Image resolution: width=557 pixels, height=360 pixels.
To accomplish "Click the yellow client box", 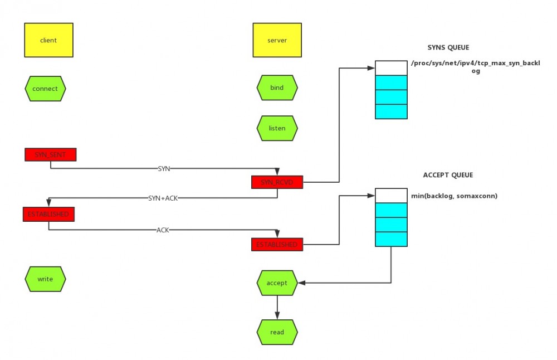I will (48, 40).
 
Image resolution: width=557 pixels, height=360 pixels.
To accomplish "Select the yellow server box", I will (277, 40).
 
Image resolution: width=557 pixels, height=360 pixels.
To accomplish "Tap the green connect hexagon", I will (45, 89).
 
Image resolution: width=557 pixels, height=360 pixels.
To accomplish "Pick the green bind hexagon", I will (277, 88).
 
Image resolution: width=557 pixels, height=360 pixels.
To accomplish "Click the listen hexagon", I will (277, 128).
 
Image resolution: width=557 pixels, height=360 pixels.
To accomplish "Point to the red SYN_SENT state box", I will (50, 154).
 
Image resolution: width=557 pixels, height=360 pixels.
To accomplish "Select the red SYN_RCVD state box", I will (277, 182).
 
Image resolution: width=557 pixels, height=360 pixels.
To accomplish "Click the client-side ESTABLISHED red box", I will (48, 214).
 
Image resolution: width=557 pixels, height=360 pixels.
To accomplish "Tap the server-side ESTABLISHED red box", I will (277, 244).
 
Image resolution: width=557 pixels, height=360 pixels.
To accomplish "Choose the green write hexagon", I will (45, 279).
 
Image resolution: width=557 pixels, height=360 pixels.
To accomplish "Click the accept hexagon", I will (277, 283).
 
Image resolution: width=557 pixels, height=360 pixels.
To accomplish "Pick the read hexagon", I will (277, 332).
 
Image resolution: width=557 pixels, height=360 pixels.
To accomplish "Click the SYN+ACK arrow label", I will (163, 198).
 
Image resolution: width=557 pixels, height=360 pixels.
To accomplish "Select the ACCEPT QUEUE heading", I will (448, 175).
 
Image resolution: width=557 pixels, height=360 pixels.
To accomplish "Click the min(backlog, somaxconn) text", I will (454, 196).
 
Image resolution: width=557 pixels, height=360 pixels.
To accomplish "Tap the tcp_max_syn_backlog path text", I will (475, 67).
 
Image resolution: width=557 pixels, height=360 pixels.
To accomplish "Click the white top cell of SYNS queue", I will (391, 68).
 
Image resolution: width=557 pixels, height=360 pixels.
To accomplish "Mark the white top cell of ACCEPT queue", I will (391, 195).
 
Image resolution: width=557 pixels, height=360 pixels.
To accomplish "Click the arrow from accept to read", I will (277, 307).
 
